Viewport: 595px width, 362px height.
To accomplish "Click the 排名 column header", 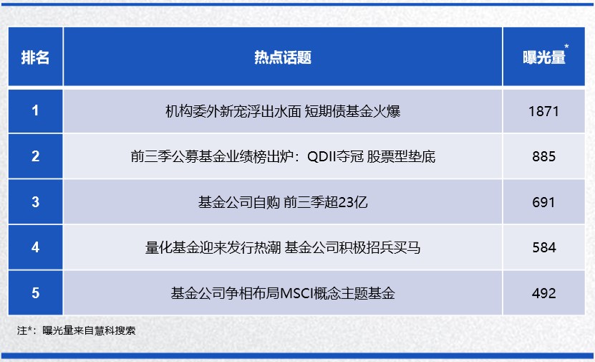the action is (x=35, y=58).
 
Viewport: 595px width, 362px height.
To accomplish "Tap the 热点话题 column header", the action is (x=283, y=58).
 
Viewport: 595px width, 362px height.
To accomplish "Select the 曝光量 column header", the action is (x=543, y=58).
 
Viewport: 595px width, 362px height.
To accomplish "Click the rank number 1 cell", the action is (x=35, y=110).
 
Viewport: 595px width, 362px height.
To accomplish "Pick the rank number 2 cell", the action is (x=35, y=156).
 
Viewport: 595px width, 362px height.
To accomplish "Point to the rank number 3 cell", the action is (x=35, y=201).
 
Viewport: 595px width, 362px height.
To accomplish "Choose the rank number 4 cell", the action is (x=35, y=247).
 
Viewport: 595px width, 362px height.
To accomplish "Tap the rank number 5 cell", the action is (x=35, y=293).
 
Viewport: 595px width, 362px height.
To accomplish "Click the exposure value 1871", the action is (x=543, y=111).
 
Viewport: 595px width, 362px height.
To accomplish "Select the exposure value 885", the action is (x=543, y=156).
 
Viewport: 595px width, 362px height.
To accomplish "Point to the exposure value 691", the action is (x=543, y=202).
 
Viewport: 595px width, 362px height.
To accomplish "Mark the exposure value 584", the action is (x=543, y=247).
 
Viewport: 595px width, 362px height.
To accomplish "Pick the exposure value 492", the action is (x=543, y=293).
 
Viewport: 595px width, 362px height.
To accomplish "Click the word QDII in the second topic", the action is (x=321, y=156).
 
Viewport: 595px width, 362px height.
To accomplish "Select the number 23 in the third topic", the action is (x=345, y=202).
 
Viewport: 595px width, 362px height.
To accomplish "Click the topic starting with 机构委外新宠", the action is (x=283, y=111).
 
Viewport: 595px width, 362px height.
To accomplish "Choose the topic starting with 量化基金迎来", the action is (x=283, y=247).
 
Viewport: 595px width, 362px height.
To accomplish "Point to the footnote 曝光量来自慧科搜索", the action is (x=89, y=330).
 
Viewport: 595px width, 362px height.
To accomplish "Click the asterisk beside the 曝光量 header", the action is (x=566, y=47).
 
